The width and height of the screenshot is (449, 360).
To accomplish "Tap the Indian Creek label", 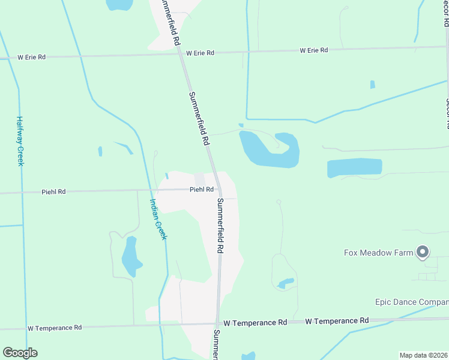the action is coord(157,219).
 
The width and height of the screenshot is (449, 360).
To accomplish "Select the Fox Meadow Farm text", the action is coord(378,253).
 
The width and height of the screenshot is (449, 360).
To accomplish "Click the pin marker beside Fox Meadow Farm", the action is coord(423,252).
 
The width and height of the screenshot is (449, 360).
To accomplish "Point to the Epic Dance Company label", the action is coord(412,302).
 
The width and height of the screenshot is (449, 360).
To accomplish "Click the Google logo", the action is coord(20,353).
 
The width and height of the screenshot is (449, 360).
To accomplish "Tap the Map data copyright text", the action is coord(424,355).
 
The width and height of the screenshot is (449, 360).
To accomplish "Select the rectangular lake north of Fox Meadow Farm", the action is coord(354,167).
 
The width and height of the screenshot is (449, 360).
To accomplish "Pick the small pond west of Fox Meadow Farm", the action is coord(286,282).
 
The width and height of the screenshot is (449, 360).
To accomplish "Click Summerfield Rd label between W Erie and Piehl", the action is coord(199,119).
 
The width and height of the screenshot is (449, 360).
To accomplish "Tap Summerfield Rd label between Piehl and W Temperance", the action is coord(220,225).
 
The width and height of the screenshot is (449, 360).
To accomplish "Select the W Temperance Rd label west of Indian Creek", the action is coord(54,328).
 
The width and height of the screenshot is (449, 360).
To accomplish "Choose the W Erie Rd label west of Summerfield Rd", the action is coord(32,58).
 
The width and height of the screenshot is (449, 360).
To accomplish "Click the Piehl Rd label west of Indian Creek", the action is coord(53,192).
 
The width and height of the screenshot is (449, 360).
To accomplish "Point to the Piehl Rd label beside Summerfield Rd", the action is coord(202,190).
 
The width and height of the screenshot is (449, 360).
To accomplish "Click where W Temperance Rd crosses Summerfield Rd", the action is coord(218,323).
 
